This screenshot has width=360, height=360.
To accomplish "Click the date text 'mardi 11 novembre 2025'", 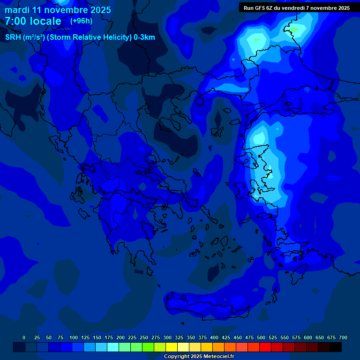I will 58,10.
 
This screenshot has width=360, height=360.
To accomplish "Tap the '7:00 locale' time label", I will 33,21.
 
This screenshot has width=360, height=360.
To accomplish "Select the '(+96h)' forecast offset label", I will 81,21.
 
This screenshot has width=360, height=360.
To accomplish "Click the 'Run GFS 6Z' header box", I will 296,7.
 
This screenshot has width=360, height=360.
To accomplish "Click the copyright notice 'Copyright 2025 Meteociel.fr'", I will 199,356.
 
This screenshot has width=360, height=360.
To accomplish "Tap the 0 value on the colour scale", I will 24,337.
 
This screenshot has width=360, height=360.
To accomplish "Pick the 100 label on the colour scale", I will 74,337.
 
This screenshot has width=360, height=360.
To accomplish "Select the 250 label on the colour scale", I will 144,337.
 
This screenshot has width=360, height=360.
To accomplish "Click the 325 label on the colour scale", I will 179,337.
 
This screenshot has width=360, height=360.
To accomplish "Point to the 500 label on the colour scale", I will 261,337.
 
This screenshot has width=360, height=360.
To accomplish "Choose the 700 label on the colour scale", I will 343,337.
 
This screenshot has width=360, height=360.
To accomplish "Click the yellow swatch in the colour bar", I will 172,347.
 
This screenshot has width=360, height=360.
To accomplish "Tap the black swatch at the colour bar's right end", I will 336,347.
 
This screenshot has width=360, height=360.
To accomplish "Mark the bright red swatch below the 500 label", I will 265,347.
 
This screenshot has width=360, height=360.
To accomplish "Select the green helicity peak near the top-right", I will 293,30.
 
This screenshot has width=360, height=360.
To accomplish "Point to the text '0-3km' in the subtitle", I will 144,37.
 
